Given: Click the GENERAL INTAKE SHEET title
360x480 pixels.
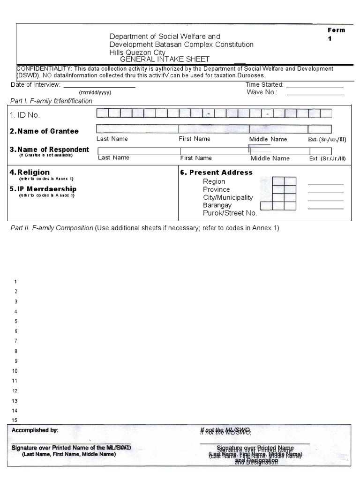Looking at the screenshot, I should click(165, 60).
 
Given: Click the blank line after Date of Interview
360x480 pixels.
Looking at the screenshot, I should click(99, 86).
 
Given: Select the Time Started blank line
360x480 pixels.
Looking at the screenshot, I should click(315, 87).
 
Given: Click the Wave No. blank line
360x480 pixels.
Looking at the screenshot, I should click(315, 93).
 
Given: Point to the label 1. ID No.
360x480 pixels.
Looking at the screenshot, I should click(25, 115).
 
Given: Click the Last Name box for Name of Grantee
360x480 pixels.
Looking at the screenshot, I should click(137, 129).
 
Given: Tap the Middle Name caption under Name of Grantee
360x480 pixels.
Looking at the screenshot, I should click(268, 139).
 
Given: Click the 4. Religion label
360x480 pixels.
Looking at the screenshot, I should click(30, 172).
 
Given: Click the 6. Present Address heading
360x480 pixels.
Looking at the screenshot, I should click(216, 172).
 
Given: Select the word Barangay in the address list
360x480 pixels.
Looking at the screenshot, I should click(217, 205).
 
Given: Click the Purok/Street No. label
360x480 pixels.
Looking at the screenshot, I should click(230, 213).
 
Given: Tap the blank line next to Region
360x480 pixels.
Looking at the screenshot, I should click(325, 184).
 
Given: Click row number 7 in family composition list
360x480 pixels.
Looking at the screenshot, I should click(16, 341).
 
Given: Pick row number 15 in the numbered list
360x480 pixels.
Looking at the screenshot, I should click(15, 420).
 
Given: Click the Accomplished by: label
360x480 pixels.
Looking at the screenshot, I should click(35, 430).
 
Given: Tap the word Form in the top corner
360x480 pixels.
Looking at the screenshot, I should click(336, 30).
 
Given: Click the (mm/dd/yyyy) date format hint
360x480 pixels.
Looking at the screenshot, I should click(95, 93).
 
